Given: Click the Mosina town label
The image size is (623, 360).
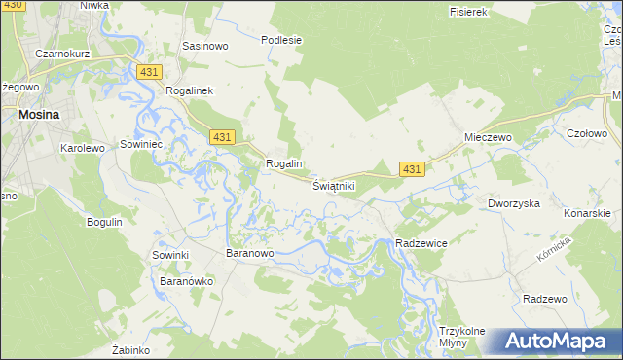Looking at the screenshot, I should tap(38, 114).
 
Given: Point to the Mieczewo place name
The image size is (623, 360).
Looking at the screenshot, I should tap(488, 138).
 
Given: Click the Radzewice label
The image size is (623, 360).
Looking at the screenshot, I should tap(421, 242).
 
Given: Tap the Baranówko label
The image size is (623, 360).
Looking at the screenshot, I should tap(186, 281).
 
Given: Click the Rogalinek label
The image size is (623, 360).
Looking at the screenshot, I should tap(197, 90).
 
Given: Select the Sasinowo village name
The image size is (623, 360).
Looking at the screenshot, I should tap(205, 46).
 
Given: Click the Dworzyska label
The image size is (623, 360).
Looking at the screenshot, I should tap(513, 204).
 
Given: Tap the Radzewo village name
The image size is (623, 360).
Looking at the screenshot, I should tap(545, 299).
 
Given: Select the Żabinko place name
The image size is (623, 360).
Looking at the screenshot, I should tap(129, 349).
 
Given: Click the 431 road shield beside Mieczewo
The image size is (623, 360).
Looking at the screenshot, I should tap(412, 169).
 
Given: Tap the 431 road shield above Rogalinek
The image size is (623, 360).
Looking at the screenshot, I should tap(149, 73).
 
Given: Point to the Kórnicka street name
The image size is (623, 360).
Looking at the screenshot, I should tap(551, 250).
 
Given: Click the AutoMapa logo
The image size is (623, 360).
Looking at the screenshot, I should tap(558, 342).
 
